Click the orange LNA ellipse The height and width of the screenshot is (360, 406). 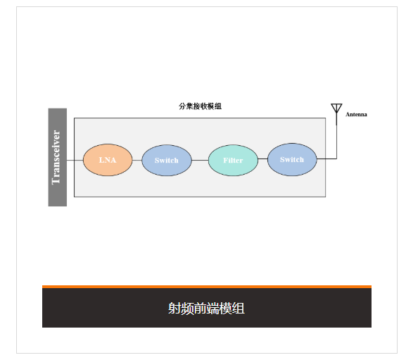(108, 160)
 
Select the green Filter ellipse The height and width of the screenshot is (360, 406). (233, 160)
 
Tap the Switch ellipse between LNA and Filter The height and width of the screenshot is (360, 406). (167, 160)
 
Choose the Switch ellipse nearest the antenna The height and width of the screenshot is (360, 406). (292, 159)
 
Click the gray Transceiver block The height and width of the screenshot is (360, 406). (58, 157)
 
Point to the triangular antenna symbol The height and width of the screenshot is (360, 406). (336, 108)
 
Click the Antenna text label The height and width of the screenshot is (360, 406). (356, 114)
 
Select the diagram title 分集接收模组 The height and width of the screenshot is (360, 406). (200, 106)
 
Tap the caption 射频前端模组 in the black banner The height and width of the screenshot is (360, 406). (206, 309)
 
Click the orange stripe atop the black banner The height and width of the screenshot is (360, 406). (207, 287)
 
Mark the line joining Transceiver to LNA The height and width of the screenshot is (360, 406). (75, 160)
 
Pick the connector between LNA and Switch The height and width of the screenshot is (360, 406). (137, 160)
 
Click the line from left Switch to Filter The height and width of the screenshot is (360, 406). (200, 160)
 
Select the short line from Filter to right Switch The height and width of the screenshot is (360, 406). (263, 159)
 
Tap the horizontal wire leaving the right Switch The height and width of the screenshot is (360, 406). (326, 159)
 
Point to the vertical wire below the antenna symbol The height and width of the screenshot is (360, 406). (336, 136)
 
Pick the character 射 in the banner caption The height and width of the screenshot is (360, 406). (175, 309)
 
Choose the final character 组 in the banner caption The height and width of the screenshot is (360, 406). (239, 309)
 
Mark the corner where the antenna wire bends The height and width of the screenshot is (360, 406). (336, 159)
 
